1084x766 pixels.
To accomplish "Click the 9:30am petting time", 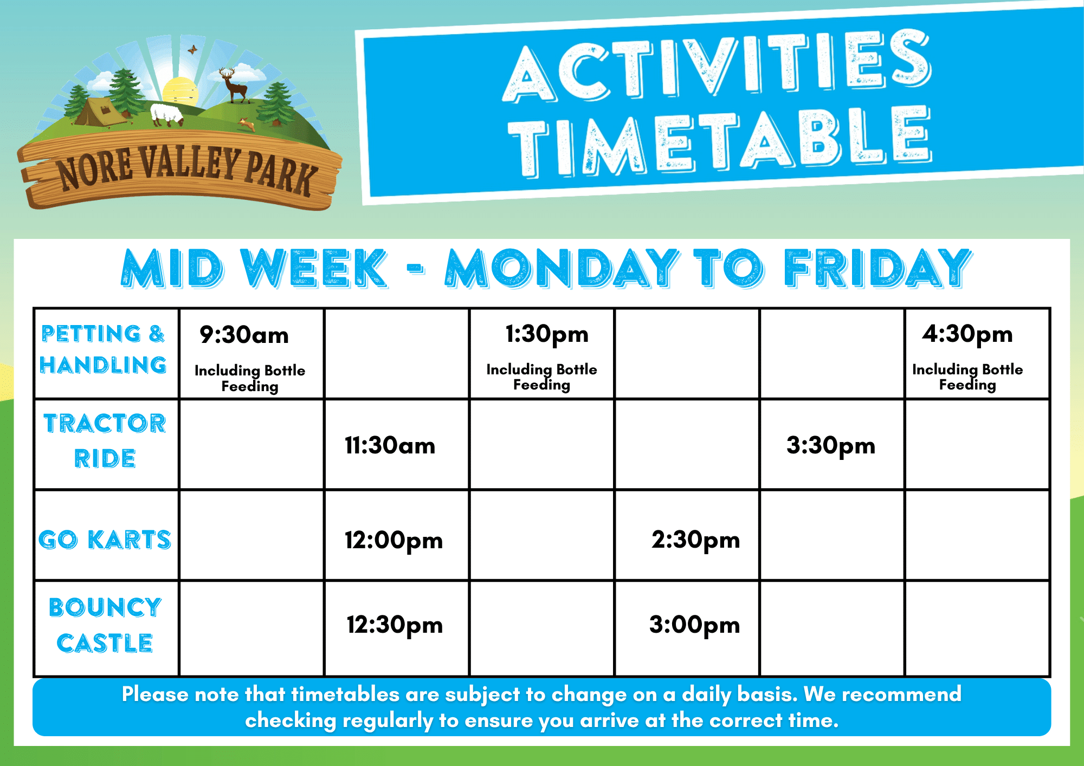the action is click(244, 335).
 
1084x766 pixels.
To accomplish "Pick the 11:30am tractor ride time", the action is click(390, 446).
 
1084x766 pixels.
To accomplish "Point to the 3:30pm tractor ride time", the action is click(831, 446).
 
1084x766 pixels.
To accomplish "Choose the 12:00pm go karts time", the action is click(394, 541).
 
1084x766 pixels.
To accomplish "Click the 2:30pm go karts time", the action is click(696, 541).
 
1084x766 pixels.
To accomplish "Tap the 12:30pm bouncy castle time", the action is click(395, 625).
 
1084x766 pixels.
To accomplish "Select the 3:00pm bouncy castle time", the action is click(695, 625).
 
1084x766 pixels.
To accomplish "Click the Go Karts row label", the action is click(105, 540).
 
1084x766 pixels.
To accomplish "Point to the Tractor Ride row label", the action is click(105, 440).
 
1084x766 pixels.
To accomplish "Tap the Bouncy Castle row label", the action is click(105, 625).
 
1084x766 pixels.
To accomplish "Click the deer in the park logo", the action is click(234, 85).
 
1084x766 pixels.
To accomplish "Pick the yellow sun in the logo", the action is click(180, 91).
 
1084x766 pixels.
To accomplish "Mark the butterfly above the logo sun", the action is click(192, 50).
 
